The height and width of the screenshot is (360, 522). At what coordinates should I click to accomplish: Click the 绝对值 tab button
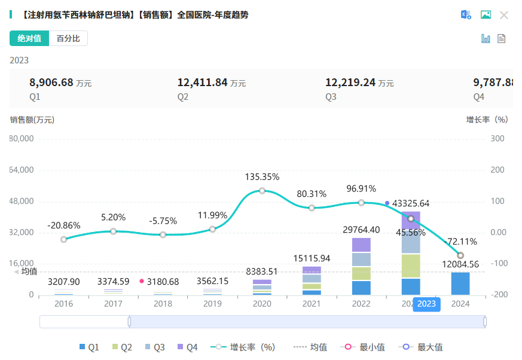click(29, 38)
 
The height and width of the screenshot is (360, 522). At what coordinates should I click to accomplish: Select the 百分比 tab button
click(68, 38)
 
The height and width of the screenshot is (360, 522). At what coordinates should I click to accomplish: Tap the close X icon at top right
click(504, 15)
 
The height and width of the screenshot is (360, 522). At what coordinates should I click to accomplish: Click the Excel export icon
click(466, 15)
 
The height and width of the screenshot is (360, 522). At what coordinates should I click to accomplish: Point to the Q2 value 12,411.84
click(202, 83)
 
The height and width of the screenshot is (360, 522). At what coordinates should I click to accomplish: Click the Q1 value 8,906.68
click(51, 83)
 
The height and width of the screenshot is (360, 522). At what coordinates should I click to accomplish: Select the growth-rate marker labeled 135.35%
click(262, 191)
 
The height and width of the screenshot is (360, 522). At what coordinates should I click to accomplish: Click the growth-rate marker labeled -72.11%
click(460, 255)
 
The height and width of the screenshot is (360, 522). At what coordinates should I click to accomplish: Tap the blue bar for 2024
click(460, 283)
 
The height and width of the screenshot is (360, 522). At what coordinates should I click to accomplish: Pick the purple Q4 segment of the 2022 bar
click(361, 245)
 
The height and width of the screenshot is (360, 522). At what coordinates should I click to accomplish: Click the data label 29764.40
click(361, 230)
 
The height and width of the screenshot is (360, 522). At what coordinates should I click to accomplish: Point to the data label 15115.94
click(312, 258)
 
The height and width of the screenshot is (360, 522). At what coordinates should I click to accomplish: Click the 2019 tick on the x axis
click(212, 304)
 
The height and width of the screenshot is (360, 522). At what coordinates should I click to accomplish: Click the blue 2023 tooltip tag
click(426, 304)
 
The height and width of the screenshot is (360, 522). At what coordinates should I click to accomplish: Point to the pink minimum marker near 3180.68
click(142, 281)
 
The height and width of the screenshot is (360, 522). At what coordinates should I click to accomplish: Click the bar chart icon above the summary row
click(486, 38)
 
